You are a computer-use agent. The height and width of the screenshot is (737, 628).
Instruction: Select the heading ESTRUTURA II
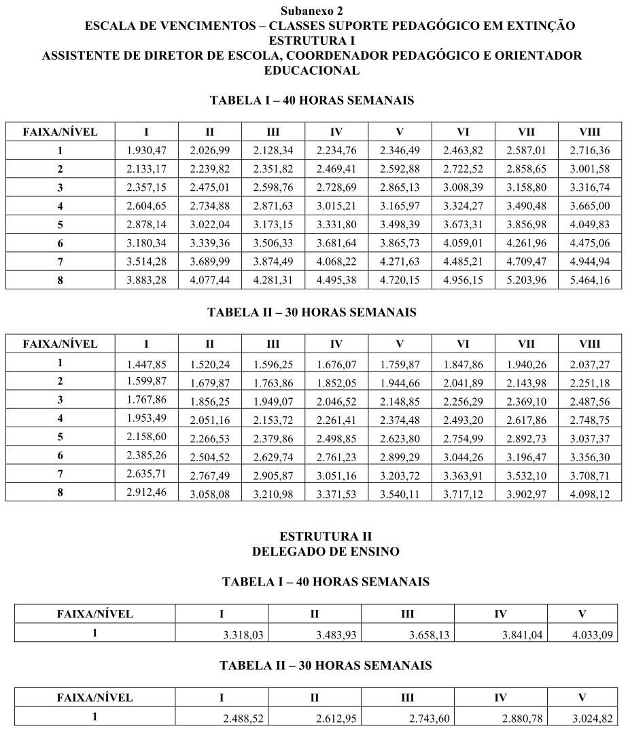click(x=326, y=537)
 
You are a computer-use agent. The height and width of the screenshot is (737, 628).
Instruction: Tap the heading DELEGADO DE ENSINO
click(x=326, y=552)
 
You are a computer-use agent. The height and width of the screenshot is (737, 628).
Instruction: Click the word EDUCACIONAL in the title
click(x=312, y=71)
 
